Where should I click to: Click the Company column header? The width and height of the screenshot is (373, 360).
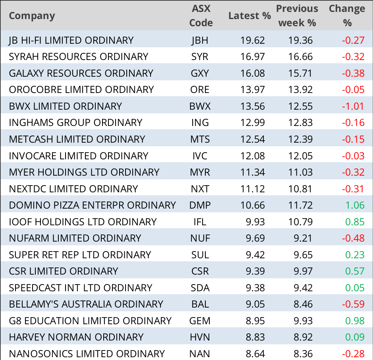tap(32, 16)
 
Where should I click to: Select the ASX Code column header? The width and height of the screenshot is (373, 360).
tap(201, 16)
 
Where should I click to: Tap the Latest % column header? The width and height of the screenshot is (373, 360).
tap(249, 16)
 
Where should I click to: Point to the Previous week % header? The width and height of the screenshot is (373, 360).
tap(297, 16)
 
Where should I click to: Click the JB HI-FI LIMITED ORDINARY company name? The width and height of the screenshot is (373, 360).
tap(71, 40)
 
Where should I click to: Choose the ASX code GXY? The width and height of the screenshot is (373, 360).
tap(200, 73)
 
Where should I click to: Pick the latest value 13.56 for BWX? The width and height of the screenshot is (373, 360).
tap(252, 106)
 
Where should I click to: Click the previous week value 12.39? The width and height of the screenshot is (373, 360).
tap(301, 139)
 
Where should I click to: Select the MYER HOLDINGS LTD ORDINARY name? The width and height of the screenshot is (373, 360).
tap(84, 172)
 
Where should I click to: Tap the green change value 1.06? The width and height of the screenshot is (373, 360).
tap(355, 205)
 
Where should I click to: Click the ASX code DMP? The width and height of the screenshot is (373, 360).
tap(200, 205)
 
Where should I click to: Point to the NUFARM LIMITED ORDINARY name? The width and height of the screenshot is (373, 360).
tap(75, 238)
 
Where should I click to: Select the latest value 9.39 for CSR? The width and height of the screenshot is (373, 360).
tap(255, 271)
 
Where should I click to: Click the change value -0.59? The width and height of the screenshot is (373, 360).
tap(353, 304)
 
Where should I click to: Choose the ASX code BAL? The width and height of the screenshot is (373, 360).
tap(200, 304)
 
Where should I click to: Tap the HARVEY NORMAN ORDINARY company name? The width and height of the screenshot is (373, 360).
tap(76, 337)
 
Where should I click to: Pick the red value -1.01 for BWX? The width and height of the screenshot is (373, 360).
tap(353, 106)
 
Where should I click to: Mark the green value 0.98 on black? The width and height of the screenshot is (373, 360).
tap(355, 320)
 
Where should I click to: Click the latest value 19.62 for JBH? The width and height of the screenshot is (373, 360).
tap(252, 40)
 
